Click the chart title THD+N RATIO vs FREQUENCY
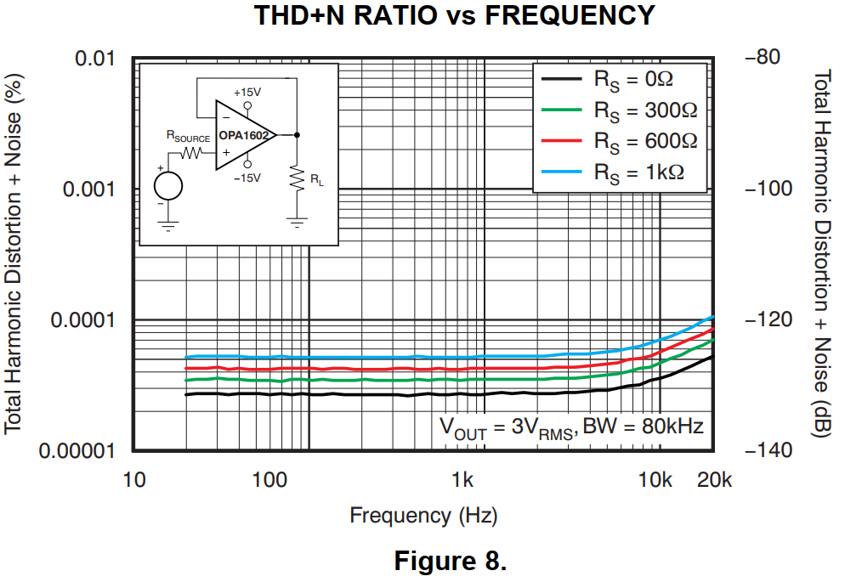456,15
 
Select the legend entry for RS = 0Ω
632,80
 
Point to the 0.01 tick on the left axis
96,59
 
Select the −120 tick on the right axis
768,320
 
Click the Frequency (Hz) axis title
423,515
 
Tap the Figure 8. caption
450,562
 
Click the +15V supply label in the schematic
247,92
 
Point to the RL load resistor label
316,179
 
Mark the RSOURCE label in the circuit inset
188,136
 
